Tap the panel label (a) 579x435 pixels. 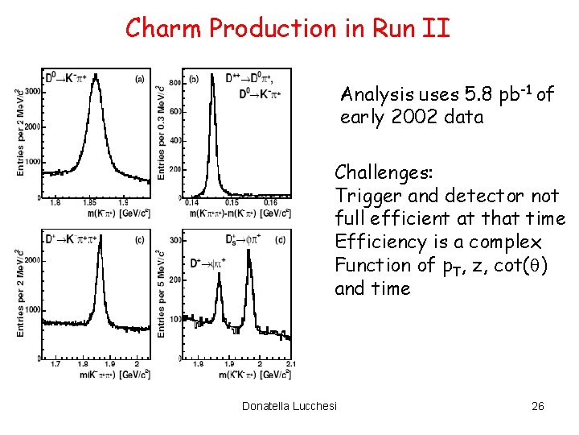(140, 79)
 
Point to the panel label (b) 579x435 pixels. (194, 79)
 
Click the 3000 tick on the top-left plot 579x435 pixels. (32, 92)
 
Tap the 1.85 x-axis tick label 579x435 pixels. (90, 203)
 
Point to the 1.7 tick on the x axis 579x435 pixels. (55, 364)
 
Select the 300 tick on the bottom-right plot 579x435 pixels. (175, 239)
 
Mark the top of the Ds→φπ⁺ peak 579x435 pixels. (248, 251)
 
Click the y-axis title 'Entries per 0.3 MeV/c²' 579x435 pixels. (162, 133)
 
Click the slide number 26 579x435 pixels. (538, 405)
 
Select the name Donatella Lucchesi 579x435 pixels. (289, 405)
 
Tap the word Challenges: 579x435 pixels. (384, 172)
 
